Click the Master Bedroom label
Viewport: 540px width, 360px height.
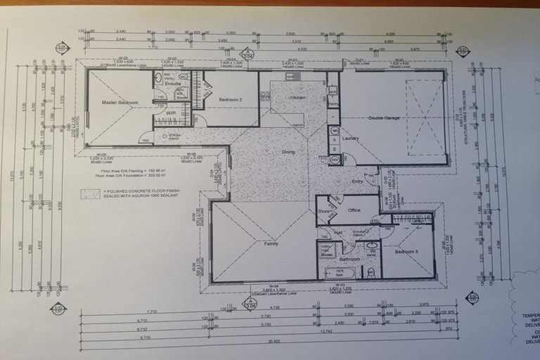(120, 103)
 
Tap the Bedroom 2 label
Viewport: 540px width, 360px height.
(229, 100)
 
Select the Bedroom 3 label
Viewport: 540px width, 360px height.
(406, 251)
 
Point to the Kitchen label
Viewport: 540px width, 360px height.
(297, 97)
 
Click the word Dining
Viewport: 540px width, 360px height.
(288, 152)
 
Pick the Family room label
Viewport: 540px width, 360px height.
(270, 243)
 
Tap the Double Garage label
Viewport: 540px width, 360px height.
(384, 118)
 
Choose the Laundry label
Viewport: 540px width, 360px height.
(350, 138)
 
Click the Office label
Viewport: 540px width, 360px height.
(354, 210)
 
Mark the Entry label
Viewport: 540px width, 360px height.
(357, 182)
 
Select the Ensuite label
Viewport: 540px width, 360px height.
(173, 84)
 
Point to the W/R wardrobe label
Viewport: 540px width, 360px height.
(171, 113)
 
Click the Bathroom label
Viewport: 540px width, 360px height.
(350, 259)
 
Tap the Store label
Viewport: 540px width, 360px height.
(324, 210)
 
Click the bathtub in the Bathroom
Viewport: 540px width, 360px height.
(340, 273)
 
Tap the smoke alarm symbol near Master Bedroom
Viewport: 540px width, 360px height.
(174, 136)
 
